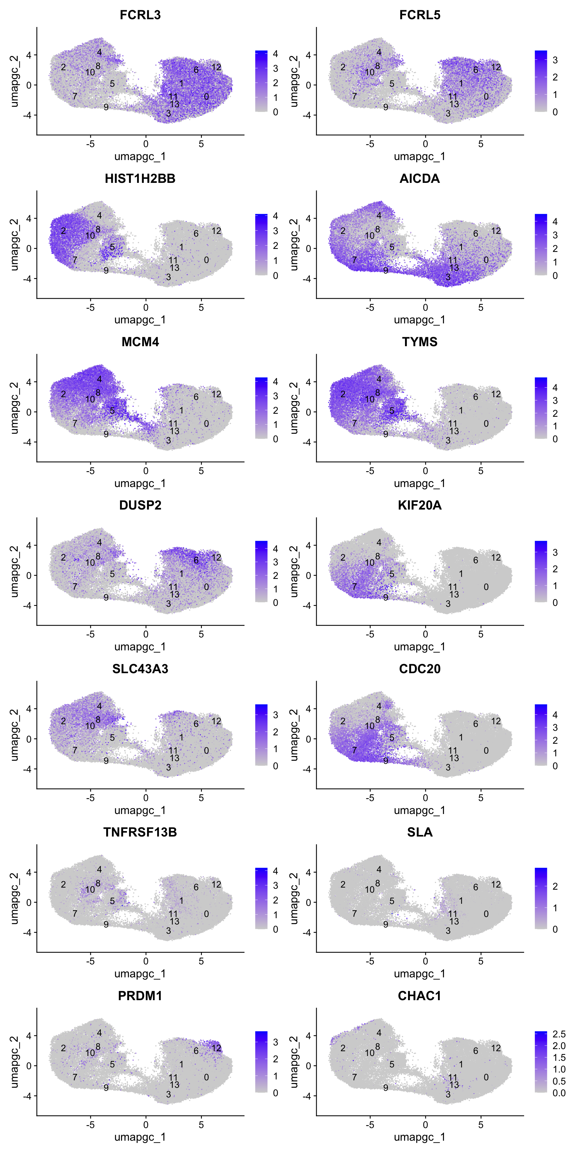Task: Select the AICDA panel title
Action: pos(419,179)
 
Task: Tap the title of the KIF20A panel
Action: pos(419,505)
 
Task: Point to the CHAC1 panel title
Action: pos(419,996)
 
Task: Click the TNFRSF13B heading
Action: pos(140,832)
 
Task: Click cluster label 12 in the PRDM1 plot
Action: pos(216,1048)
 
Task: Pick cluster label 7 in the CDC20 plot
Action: pos(355,750)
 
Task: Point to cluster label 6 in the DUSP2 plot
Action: pos(196,560)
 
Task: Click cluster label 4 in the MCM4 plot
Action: pos(99,379)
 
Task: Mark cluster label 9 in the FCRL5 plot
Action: pos(385,107)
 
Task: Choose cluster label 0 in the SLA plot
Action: pos(486,914)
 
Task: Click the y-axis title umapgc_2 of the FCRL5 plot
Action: pos(293,81)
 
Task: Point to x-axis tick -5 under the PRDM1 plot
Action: pos(90,1125)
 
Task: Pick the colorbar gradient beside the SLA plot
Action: pos(541,898)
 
